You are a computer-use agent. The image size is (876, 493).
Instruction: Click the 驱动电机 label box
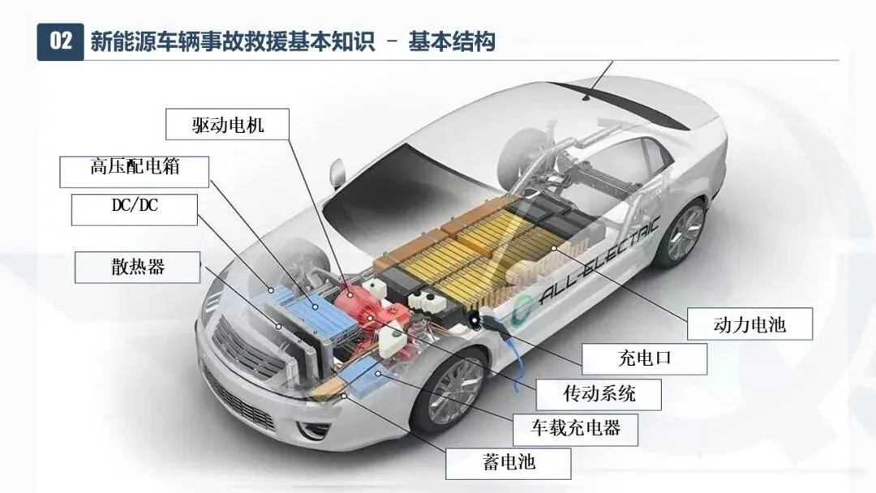tap(227, 124)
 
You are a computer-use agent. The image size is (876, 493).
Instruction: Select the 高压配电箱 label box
tap(134, 171)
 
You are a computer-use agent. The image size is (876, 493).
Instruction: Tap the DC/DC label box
tap(134, 209)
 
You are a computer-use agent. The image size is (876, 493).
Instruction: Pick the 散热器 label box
tap(137, 267)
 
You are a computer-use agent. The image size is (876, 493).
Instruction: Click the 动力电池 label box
tap(749, 324)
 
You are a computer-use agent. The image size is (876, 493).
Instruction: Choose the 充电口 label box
tap(644, 358)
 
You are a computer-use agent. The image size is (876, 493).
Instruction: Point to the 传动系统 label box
tap(599, 394)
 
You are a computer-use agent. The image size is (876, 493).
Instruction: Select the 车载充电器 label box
tap(575, 430)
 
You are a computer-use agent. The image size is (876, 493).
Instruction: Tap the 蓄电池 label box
tap(509, 463)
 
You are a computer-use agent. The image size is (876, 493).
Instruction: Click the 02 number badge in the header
tap(60, 41)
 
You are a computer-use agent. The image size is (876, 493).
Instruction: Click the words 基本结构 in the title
tap(452, 42)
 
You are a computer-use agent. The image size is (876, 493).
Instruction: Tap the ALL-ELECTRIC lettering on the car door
tap(599, 261)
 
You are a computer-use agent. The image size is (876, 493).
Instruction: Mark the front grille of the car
tap(245, 348)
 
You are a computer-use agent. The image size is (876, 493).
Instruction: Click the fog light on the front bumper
tap(308, 430)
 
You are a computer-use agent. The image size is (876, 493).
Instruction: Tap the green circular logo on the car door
tap(522, 308)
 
